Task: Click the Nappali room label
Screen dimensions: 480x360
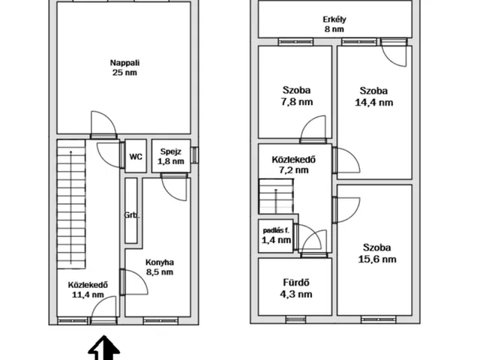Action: coord(125,63)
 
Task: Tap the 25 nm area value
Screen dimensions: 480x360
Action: coord(125,73)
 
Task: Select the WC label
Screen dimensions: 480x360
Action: coord(136,157)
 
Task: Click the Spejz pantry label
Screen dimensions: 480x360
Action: coord(171,151)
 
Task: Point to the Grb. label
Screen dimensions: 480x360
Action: coord(132,215)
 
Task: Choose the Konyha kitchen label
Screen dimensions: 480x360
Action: coord(160,262)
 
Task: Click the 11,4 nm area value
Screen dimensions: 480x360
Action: coord(88,295)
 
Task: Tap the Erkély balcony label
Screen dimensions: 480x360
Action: coord(334,19)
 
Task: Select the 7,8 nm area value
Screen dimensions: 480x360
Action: coord(297,102)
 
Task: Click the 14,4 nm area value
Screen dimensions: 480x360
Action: coord(374,102)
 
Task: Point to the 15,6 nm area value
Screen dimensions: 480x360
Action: coord(377,259)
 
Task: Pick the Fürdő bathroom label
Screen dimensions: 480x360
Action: coord(296,282)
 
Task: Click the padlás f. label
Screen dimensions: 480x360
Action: coord(276,230)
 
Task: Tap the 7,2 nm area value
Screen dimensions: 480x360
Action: coord(293,170)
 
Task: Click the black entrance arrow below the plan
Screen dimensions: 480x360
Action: coord(104,348)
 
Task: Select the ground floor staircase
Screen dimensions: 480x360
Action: coord(71,204)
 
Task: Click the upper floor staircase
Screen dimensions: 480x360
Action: coord(276,196)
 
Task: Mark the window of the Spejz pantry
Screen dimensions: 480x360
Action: coord(194,155)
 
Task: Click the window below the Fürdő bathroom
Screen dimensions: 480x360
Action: coord(295,320)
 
